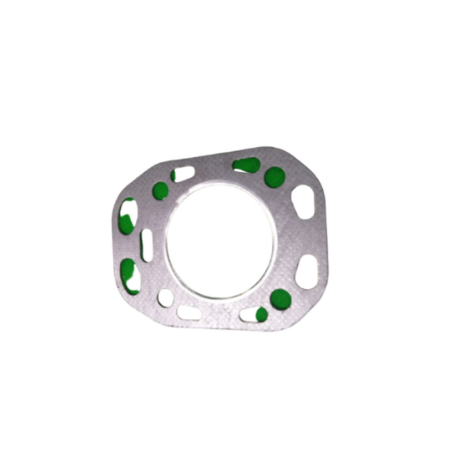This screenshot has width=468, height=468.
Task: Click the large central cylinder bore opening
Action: pos(221,241)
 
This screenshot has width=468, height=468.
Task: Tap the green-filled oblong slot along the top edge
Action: pos(247,164)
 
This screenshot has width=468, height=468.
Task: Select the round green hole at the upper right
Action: pos(274,177)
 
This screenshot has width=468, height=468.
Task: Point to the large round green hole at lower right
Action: pos(280,298)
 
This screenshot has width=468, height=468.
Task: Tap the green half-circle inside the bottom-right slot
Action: pos(261,314)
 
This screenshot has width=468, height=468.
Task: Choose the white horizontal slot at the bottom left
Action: pos(190,312)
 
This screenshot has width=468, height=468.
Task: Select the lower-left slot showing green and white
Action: pos(130,276)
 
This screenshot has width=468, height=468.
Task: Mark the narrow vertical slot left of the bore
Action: pos(146,245)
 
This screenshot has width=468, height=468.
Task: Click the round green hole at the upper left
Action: pos(160,191)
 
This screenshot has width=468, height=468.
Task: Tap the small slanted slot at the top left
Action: pos(183,174)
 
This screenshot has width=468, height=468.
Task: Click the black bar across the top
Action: pos(234,19)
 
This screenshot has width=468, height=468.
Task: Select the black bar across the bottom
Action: pos(234,448)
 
